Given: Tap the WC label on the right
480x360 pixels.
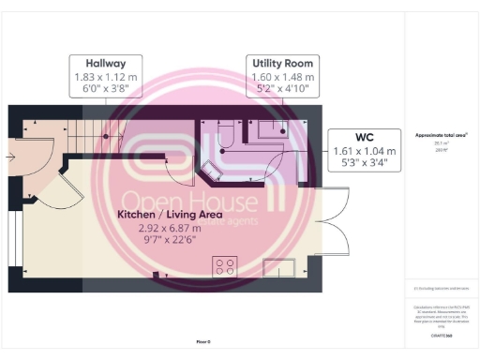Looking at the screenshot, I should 365,135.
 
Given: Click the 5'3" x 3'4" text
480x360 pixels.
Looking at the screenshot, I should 365,164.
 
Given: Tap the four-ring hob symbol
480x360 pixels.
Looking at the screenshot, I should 225,265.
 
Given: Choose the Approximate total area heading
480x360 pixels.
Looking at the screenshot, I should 441,135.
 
